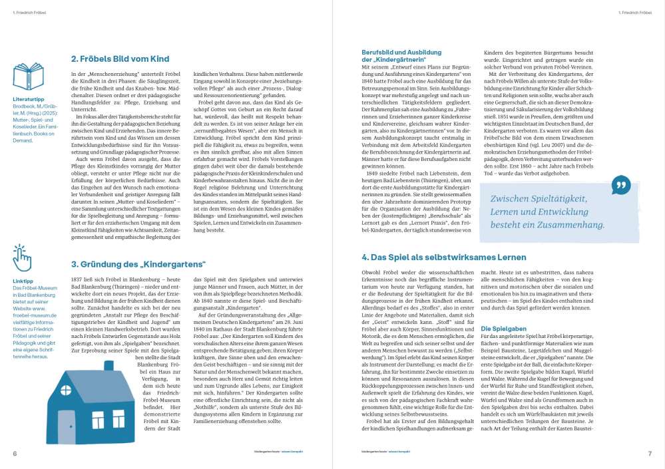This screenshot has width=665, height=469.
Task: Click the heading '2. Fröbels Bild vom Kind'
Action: tap(120, 59)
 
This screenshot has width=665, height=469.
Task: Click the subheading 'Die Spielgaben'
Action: tap(504, 329)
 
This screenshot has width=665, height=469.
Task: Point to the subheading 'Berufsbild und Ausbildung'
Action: tap(401, 53)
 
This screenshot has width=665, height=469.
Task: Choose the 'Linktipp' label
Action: tap(22, 281)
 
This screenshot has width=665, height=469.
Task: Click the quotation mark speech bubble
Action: tap(620, 184)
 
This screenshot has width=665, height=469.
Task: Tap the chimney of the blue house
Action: tap(109, 368)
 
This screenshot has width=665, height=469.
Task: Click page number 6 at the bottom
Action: tap(14, 454)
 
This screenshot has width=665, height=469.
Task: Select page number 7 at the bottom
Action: tap(650, 454)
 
